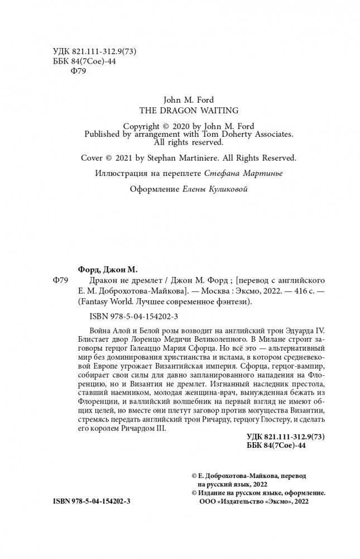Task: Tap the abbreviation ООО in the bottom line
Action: coord(209,501)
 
